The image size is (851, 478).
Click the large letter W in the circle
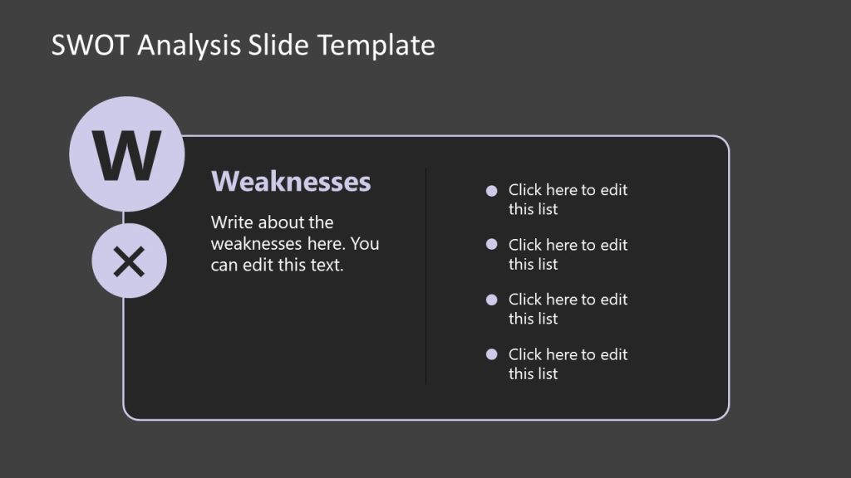click(x=126, y=155)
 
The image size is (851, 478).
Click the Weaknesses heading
click(x=291, y=181)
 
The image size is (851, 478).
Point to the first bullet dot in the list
click(x=491, y=191)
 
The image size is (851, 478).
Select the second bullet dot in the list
click(x=491, y=245)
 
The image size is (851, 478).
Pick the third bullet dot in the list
click(x=491, y=300)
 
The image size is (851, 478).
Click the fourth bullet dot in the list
click(x=491, y=354)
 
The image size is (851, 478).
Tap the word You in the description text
click(x=366, y=244)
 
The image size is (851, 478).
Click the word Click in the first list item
click(x=525, y=190)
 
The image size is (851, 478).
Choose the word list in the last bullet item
click(x=546, y=374)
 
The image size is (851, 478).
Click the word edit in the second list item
click(x=612, y=245)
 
